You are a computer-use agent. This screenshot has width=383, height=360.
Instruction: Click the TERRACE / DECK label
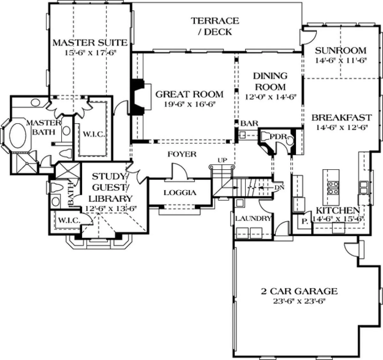pyautogui.click(x=215, y=26)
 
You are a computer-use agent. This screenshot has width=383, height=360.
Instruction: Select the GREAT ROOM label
pyautogui.click(x=189, y=94)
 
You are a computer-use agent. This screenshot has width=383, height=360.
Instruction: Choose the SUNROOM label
pyautogui.click(x=341, y=50)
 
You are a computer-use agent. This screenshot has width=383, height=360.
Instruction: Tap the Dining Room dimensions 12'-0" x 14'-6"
pyautogui.click(x=270, y=97)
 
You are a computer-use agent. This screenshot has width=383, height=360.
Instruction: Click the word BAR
pyautogui.click(x=249, y=123)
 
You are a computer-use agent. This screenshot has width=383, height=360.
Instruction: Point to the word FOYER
pyautogui.click(x=182, y=154)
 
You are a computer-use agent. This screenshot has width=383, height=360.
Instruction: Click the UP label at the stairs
pyautogui.click(x=222, y=160)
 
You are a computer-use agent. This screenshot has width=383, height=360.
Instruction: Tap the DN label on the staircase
pyautogui.click(x=280, y=187)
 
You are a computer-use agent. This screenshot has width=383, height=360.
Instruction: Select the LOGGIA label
pyautogui.click(x=180, y=192)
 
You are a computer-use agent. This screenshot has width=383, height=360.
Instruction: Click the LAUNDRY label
pyautogui.click(x=253, y=218)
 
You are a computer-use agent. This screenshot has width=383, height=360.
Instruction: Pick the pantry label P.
pyautogui.click(x=304, y=221)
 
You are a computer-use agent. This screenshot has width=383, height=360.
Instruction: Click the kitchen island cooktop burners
pyautogui.click(x=333, y=188)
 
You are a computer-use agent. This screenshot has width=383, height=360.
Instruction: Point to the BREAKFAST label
pyautogui.click(x=342, y=118)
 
